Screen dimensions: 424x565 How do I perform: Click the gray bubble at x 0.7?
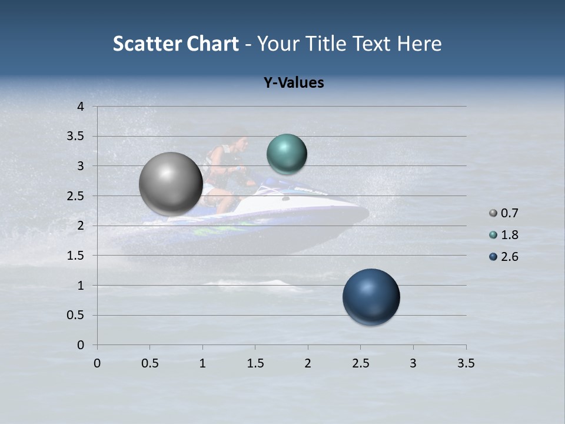[171, 184]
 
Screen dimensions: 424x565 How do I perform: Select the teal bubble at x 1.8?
[287, 154]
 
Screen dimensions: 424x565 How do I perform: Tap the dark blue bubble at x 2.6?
[371, 297]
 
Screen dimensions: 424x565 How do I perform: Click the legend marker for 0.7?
[493, 213]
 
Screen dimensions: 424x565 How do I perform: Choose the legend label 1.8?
[509, 235]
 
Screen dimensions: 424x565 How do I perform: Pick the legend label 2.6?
[509, 257]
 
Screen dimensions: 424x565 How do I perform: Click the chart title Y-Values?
[293, 83]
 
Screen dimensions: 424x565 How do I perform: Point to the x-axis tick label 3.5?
[466, 363]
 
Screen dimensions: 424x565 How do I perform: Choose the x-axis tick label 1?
[202, 363]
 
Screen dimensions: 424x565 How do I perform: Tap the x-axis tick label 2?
[308, 363]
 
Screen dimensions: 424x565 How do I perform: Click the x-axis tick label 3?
[413, 363]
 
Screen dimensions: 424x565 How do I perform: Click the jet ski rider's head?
[237, 141]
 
